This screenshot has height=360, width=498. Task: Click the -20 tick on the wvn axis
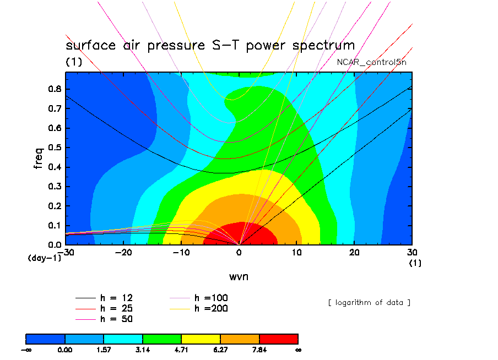coord(124,252)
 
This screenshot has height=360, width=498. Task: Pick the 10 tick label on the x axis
coord(297,252)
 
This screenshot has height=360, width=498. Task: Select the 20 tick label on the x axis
coord(355,252)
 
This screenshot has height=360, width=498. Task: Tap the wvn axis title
coord(239,276)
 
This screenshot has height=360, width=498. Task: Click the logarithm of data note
coord(369,302)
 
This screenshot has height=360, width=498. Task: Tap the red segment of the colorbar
coord(278,339)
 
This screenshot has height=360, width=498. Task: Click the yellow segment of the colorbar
coord(201,339)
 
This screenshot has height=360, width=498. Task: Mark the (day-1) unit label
coord(44,258)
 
